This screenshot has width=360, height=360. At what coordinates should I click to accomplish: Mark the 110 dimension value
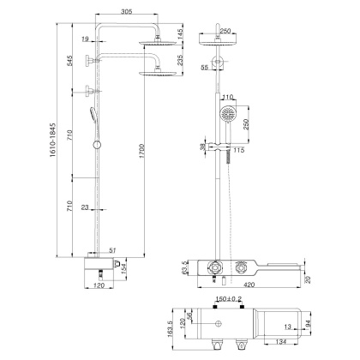pos(229,97)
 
